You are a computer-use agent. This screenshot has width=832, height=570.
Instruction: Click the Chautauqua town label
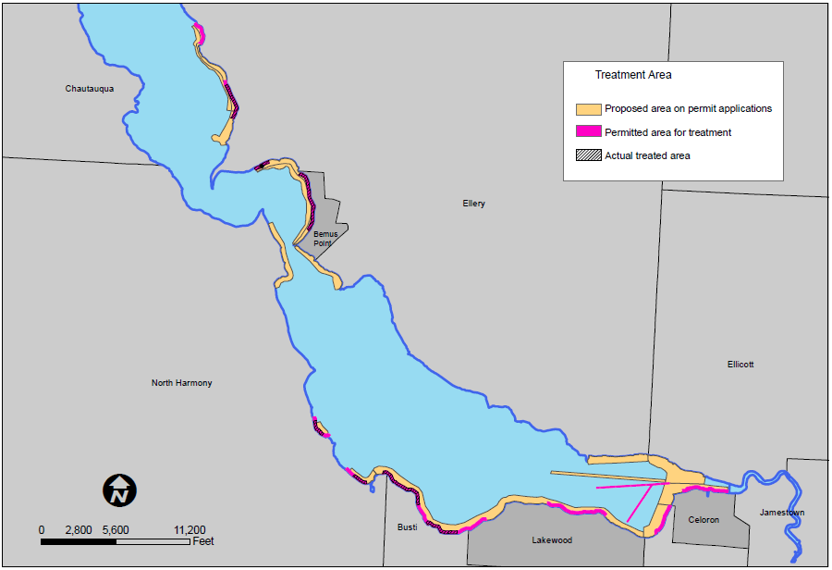point(90,89)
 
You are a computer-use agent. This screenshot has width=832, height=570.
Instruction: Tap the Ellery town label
point(473,204)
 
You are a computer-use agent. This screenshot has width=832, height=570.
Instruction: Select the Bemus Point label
point(325,239)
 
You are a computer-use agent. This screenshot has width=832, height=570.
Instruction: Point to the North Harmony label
point(181,383)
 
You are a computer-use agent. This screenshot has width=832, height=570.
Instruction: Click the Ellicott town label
point(740,365)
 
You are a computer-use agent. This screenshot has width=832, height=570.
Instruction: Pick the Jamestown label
point(782,513)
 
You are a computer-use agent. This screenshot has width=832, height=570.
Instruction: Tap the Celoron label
point(704,520)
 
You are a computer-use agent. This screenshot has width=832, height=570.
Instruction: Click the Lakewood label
point(552,540)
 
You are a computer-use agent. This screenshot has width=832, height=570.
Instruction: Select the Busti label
point(407,527)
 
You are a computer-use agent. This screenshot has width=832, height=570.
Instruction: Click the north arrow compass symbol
point(119,489)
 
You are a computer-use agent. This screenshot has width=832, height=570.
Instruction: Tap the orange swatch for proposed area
point(588,109)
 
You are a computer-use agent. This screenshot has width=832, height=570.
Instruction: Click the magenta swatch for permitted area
point(588,132)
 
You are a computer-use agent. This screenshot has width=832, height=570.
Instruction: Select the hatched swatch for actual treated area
point(588,155)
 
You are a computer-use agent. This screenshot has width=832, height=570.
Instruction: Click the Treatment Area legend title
point(633,75)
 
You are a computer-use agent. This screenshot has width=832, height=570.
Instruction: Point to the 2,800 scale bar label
point(79,530)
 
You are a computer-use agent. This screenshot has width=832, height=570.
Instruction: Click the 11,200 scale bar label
point(190,530)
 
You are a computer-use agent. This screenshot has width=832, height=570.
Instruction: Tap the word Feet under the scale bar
point(203,541)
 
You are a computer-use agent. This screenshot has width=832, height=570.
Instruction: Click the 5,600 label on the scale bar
point(116,530)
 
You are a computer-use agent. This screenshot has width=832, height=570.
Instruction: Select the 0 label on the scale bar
point(42,530)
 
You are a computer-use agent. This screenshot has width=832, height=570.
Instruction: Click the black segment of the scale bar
point(79,541)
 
